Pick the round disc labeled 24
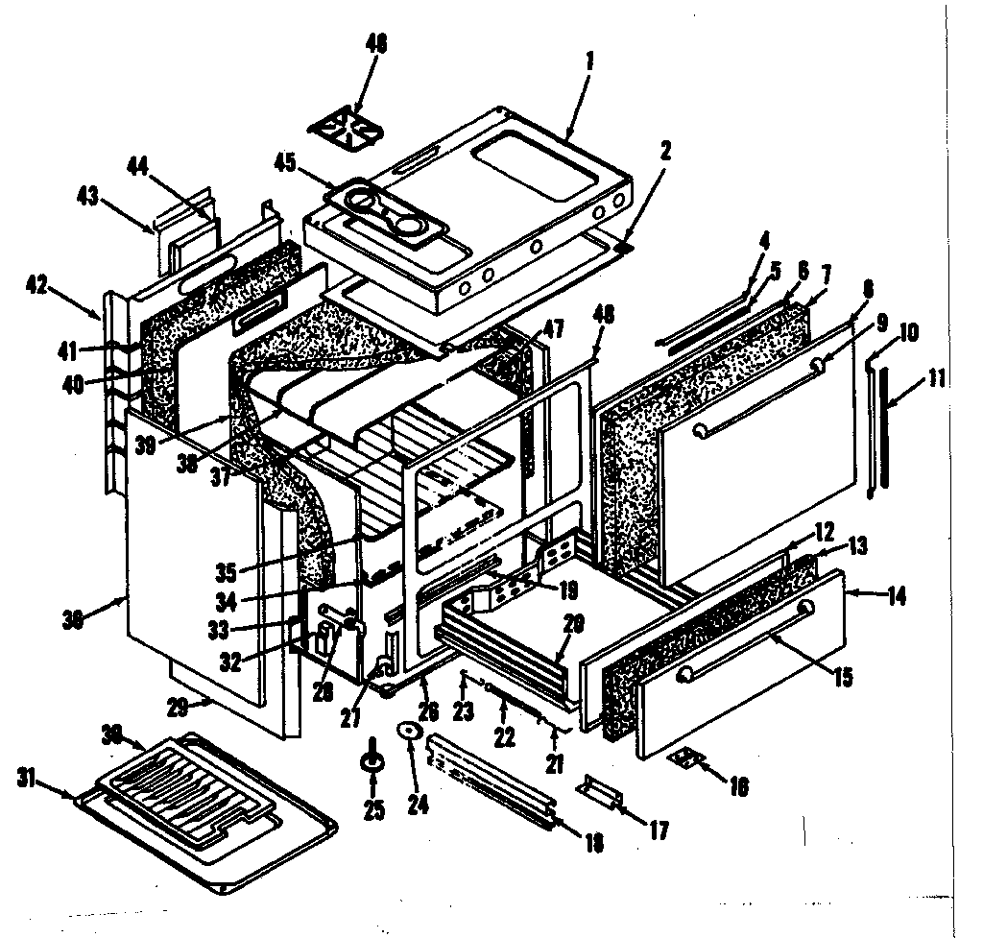412,733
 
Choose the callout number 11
934,378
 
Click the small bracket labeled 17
598,790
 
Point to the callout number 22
504,737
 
